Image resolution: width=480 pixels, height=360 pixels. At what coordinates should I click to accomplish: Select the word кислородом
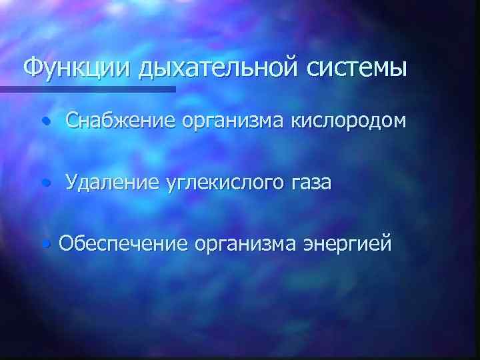coord(350,121)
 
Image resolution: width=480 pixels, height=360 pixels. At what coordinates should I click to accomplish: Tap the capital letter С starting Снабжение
coord(72,121)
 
